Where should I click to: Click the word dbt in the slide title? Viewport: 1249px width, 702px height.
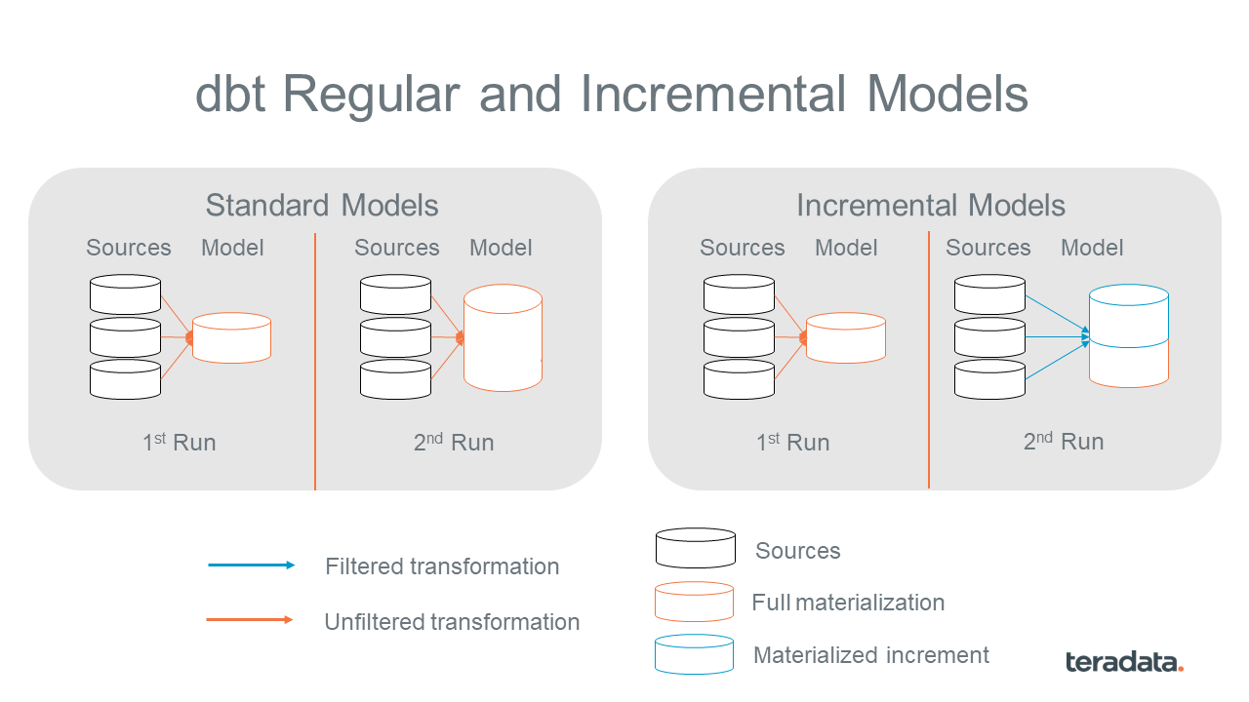(x=231, y=95)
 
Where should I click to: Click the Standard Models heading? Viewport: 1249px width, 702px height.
(x=322, y=206)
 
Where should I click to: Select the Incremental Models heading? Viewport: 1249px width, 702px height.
(x=930, y=206)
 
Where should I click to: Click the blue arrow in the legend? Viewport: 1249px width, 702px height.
(x=251, y=565)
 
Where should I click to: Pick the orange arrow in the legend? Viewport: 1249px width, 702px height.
(x=251, y=620)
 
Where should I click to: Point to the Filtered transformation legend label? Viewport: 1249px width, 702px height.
(x=442, y=566)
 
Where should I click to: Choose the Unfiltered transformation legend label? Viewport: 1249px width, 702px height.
(x=452, y=622)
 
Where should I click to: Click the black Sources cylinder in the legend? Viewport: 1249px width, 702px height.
(x=695, y=549)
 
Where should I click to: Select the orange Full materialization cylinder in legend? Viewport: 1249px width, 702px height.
(x=695, y=603)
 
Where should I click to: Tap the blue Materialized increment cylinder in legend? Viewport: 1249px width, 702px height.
(x=695, y=655)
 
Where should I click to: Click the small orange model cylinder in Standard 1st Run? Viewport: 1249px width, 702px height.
(x=231, y=337)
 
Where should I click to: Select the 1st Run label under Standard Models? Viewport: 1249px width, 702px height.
(x=179, y=443)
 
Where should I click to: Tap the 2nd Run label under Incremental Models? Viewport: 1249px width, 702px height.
(x=1063, y=442)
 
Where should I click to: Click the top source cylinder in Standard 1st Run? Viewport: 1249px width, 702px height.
(x=125, y=294)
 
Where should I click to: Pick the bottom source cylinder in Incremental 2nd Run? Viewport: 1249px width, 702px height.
(x=989, y=379)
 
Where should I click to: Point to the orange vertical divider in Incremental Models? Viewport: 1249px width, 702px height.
(x=929, y=361)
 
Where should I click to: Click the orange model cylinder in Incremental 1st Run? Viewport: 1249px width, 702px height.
(x=845, y=337)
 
